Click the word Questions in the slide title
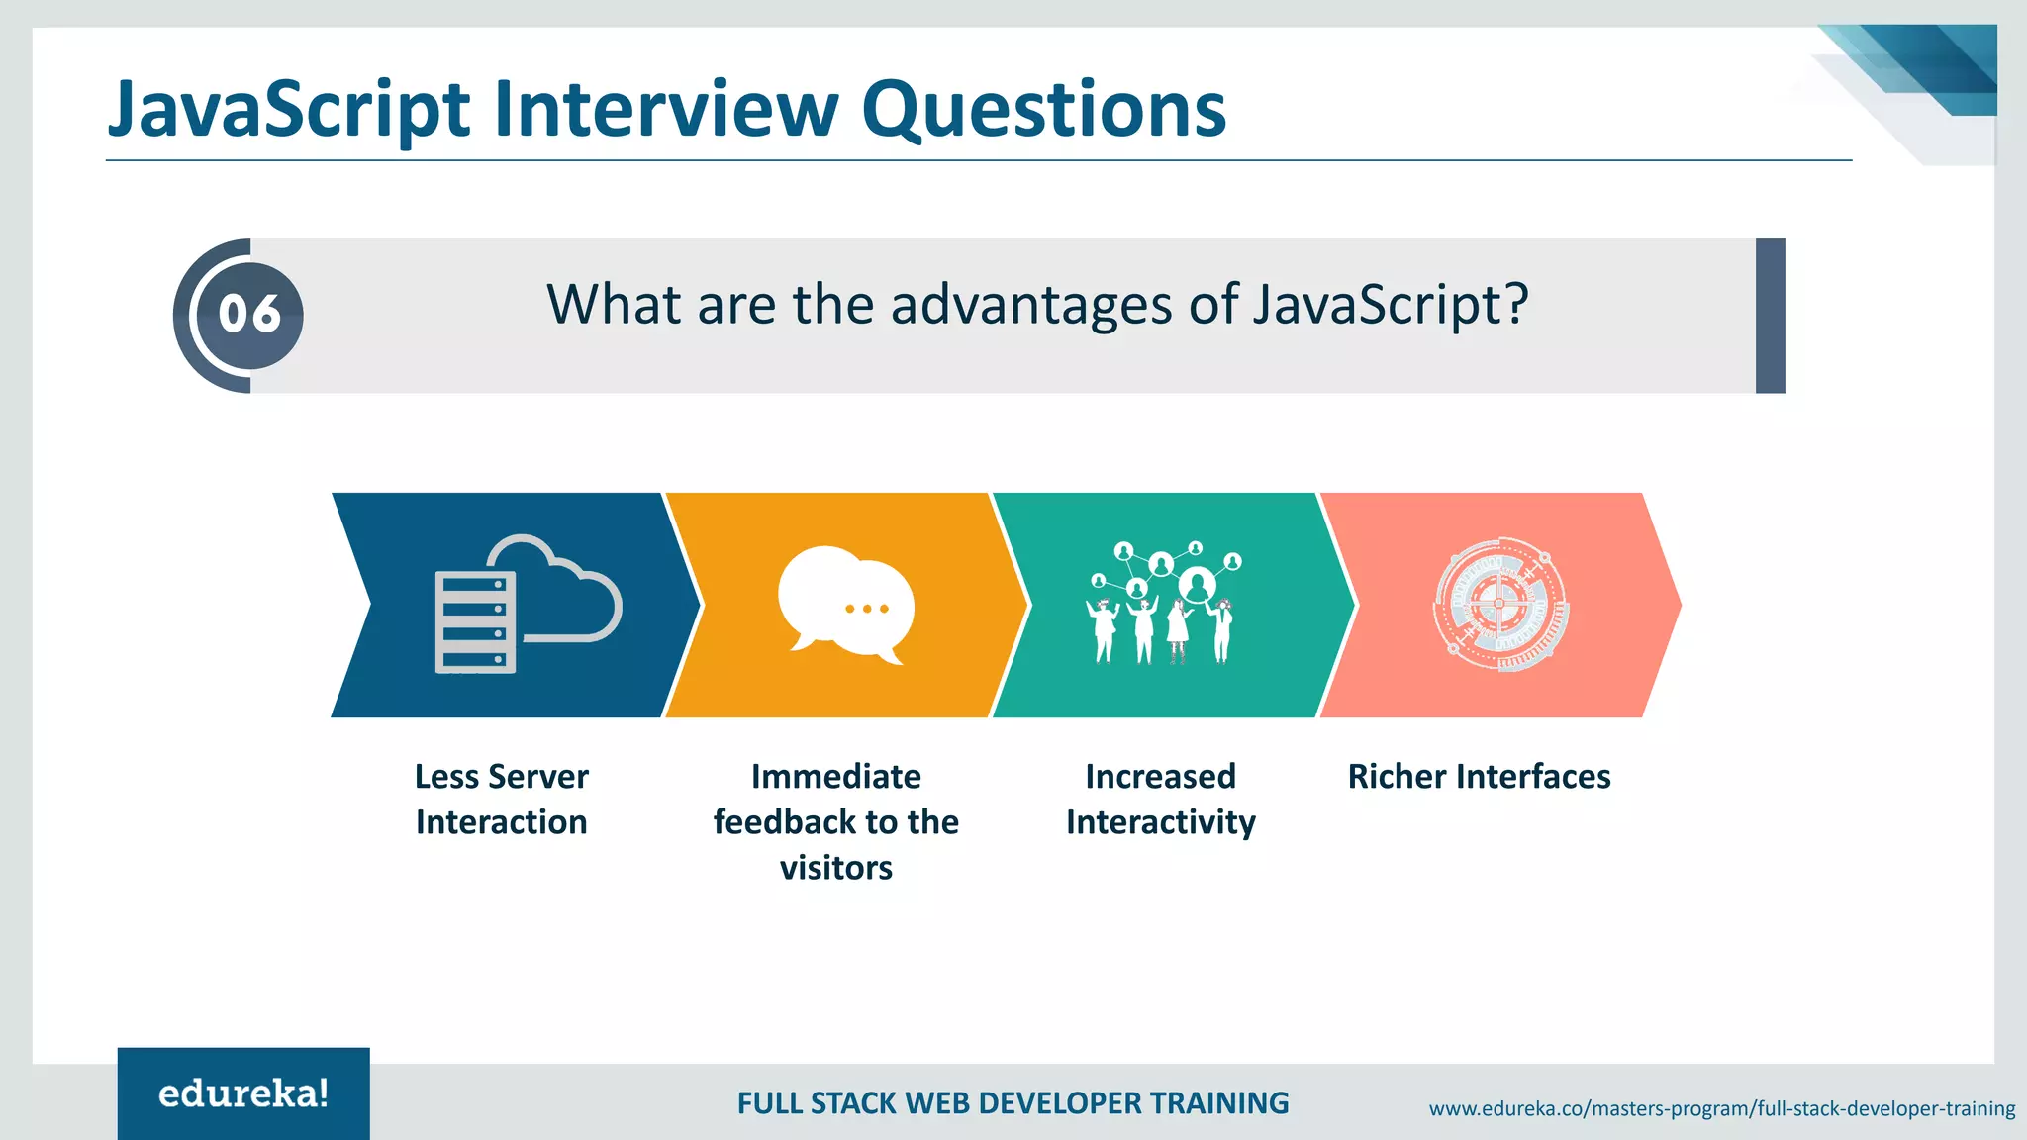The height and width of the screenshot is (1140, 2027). [x=1043, y=109]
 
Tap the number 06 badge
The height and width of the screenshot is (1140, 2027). [x=249, y=315]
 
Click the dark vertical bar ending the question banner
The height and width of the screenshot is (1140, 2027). [x=1770, y=316]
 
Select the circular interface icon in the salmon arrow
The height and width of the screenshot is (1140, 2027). [x=1499, y=605]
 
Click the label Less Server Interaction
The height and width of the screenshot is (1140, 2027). [x=502, y=799]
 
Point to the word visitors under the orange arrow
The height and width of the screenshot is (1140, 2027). [x=836, y=868]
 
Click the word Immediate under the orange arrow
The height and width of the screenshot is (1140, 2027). [x=836, y=777]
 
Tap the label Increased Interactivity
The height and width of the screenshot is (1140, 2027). [x=1161, y=799]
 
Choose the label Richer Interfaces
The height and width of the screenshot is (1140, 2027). [x=1479, y=777]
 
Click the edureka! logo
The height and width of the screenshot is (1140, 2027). [x=243, y=1093]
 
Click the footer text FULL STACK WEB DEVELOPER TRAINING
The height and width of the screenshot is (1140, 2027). [x=1013, y=1103]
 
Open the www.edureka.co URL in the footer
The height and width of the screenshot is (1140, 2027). [x=1721, y=1108]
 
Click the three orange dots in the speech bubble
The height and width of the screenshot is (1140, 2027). [x=867, y=609]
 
